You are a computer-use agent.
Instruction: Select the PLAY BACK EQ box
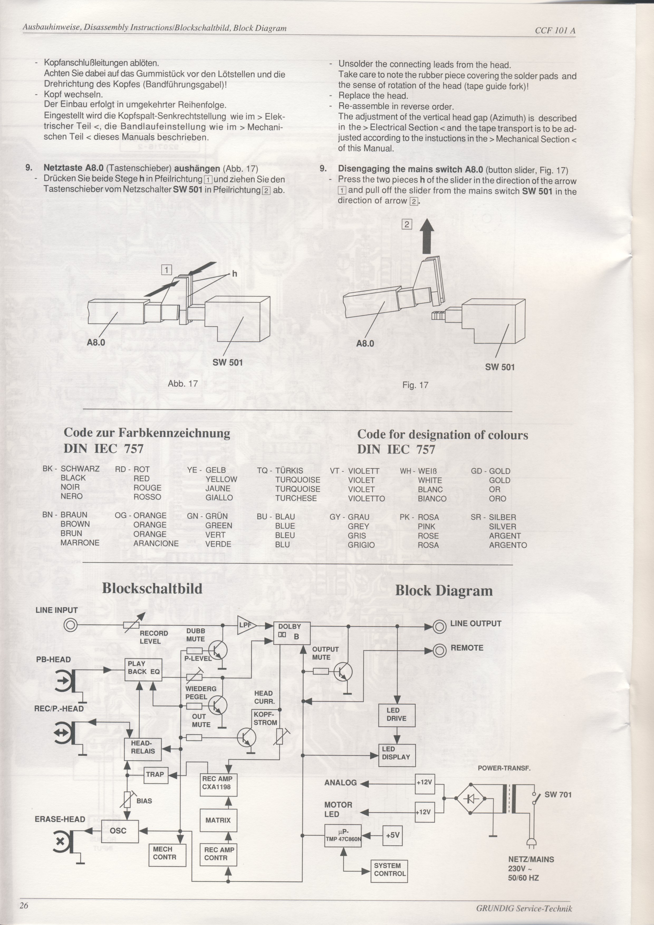(143, 670)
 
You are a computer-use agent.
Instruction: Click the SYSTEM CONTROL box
(389, 871)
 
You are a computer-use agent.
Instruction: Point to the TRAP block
(155, 774)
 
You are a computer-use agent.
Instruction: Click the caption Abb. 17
(182, 383)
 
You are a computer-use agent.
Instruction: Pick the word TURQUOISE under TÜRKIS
(298, 480)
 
